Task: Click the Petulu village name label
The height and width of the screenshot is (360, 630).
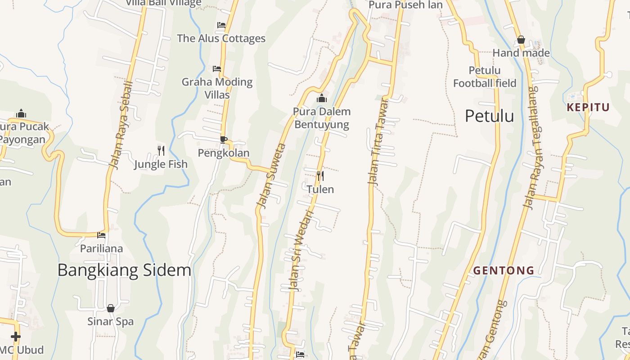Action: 489,116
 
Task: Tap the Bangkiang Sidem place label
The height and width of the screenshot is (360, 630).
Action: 124,270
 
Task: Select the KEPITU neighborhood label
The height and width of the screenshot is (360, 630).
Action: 588,107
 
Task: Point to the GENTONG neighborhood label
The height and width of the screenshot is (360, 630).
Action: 504,270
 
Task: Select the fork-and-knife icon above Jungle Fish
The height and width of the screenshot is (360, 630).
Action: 161,150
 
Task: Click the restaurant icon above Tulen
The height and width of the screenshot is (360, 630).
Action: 320,175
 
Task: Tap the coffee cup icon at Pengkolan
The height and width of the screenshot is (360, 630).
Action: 223,139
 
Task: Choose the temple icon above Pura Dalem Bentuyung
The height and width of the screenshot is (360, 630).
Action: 322,99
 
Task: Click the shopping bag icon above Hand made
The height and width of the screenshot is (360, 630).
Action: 521,40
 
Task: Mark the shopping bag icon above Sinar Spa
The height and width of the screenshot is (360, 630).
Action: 111,308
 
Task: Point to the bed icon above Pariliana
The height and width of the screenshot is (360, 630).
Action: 101,235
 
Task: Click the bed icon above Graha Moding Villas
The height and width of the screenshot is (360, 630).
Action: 217,69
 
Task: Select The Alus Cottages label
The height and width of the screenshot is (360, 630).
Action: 221,38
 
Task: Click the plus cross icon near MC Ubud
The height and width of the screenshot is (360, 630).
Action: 16,337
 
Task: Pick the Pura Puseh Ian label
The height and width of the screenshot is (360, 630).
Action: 405,5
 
